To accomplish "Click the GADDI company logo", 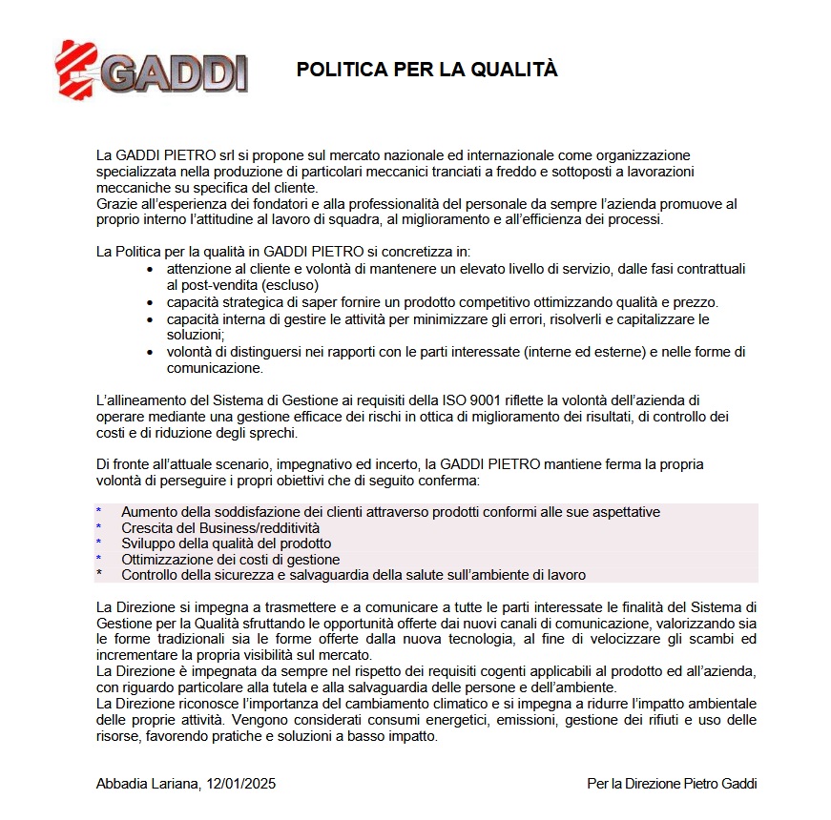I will [152, 68].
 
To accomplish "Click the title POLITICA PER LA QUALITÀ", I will [426, 70].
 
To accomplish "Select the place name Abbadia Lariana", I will [146, 784].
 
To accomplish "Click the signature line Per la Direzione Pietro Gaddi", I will [672, 784].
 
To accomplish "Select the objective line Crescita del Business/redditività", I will [219, 527].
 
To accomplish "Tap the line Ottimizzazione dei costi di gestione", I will [230, 560].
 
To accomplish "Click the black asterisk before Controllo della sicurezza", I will [99, 576].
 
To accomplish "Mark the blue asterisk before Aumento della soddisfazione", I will [99, 512].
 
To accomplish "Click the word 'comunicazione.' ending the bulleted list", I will [215, 367].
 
